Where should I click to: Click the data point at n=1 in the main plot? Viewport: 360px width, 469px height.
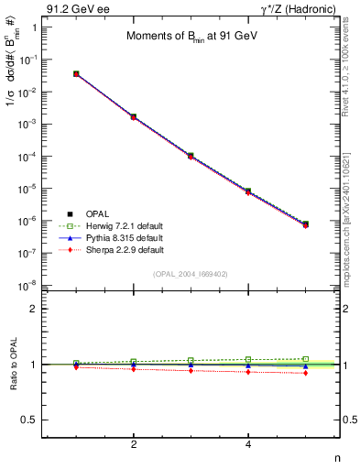point(76,73)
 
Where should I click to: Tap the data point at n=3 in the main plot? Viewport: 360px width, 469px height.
point(191,156)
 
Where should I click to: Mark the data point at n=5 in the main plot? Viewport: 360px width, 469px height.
point(305,224)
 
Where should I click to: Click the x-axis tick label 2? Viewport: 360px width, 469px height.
point(134,445)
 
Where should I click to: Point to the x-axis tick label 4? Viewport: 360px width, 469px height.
point(248,445)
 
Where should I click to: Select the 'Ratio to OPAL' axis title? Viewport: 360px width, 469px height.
point(14,365)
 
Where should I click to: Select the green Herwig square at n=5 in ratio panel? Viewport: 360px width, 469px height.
point(305,359)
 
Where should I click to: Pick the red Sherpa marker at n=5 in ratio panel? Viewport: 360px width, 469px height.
point(305,373)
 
